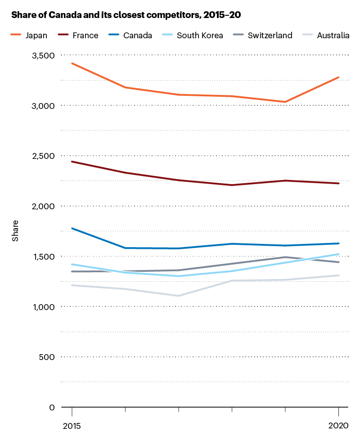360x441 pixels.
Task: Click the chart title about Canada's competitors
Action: (x=126, y=15)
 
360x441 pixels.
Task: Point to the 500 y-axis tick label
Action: (x=46, y=357)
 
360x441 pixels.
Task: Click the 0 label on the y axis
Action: (x=51, y=407)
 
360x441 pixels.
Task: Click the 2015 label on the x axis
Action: (x=72, y=425)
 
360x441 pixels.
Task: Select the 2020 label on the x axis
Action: (x=338, y=425)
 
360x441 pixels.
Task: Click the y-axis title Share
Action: (x=15, y=231)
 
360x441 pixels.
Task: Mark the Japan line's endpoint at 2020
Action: (x=338, y=77)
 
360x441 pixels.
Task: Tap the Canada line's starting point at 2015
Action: (x=72, y=228)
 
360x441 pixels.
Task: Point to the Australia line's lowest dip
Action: (x=179, y=296)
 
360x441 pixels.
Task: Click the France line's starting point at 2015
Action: (x=72, y=161)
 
